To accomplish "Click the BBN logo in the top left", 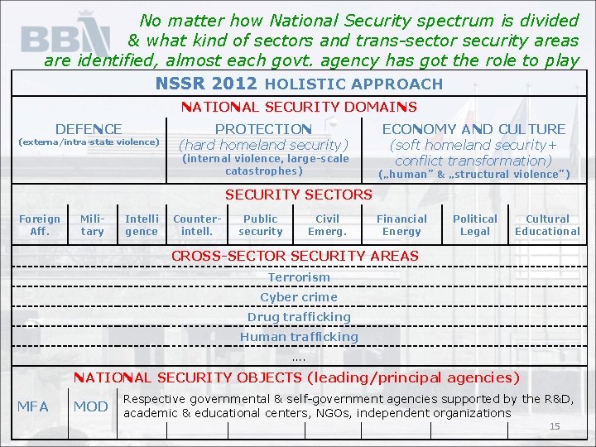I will click(x=65, y=38).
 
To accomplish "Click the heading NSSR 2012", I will click(x=206, y=84).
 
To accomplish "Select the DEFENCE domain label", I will click(x=89, y=129).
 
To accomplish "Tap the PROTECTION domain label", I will click(x=263, y=129).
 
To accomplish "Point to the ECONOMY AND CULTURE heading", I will click(x=473, y=129).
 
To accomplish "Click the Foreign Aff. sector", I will click(x=40, y=225).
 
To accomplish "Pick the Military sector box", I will click(x=92, y=225).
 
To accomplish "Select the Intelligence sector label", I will click(x=142, y=225).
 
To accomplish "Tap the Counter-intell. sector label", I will click(x=197, y=225).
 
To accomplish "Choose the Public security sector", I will click(x=260, y=225).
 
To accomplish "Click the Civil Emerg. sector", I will click(x=327, y=225).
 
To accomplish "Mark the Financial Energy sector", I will click(x=401, y=225).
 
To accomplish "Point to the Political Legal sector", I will click(x=475, y=225).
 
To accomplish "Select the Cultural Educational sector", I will click(x=547, y=225).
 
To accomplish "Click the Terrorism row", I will click(x=299, y=277).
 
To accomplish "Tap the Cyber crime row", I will click(x=299, y=297).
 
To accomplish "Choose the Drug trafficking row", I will click(x=299, y=317).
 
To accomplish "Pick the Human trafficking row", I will click(x=299, y=337).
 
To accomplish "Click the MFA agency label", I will click(x=33, y=406).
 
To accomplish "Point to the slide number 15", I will click(x=555, y=426).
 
